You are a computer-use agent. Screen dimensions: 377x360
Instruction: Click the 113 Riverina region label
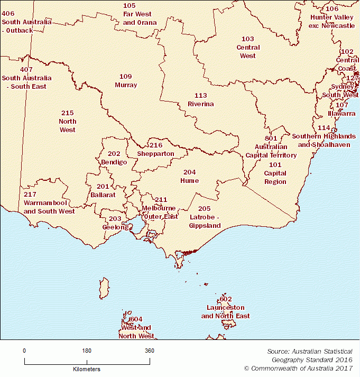[x=200, y=100]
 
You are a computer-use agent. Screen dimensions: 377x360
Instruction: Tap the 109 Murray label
[x=125, y=81]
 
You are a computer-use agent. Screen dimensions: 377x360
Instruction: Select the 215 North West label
[x=67, y=121]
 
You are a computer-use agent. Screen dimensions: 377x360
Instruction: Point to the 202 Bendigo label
[x=114, y=158]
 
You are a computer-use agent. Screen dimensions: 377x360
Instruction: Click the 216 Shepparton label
[x=155, y=150]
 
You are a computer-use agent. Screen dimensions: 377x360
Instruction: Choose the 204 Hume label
[x=189, y=177]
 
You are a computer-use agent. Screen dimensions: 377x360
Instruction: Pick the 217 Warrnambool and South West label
[x=49, y=203]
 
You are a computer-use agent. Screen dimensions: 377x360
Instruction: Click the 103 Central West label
[x=247, y=48]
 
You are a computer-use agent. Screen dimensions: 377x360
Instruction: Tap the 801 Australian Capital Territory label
[x=271, y=147]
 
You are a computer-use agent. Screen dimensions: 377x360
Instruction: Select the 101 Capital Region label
[x=275, y=173]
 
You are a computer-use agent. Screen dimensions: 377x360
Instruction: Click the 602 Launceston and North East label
[x=225, y=308]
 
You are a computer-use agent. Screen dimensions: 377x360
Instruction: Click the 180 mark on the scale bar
[x=87, y=351]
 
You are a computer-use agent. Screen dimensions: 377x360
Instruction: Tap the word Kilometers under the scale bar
[x=87, y=369]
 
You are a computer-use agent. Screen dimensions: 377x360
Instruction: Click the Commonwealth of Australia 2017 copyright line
[x=298, y=368]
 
